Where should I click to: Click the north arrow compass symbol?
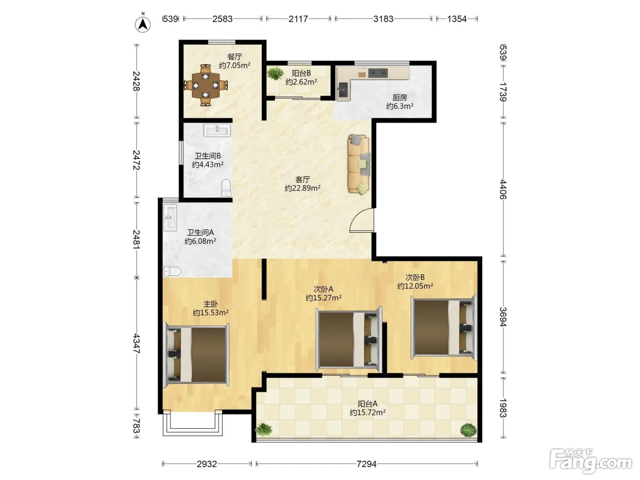point(143,23)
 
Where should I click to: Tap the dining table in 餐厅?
point(206,85)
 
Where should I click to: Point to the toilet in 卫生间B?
point(226,188)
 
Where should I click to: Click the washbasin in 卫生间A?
point(170,218)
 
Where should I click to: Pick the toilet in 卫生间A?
point(172,271)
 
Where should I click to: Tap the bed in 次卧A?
point(349,340)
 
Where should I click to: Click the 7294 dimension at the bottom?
point(366,464)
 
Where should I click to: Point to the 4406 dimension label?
point(503,189)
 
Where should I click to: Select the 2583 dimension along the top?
point(222,19)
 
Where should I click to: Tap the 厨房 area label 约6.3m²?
point(400,106)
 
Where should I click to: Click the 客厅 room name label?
point(302,179)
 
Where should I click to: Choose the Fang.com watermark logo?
point(591,461)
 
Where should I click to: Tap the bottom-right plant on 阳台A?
point(468,430)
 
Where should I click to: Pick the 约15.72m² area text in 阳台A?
point(368,412)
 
